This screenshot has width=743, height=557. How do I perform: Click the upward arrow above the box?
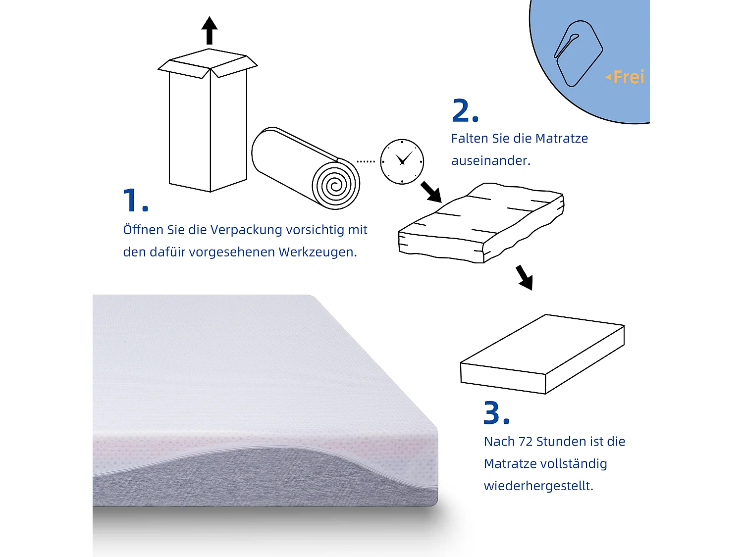tap(210, 31)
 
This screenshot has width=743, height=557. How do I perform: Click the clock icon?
tap(402, 161)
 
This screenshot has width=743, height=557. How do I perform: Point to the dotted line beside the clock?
tap(366, 161)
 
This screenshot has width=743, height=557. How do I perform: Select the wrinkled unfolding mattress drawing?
tap(480, 223)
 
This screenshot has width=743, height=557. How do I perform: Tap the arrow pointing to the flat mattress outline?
tap(524, 277)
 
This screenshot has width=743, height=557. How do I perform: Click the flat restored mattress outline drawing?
tap(542, 354)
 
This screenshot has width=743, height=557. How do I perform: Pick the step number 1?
tap(135, 201)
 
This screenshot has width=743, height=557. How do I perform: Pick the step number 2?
tap(465, 111)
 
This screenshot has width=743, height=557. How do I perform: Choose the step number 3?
tap(496, 413)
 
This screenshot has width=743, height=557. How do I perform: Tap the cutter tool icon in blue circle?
tap(578, 53)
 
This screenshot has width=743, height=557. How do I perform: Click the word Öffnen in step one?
tap(144, 230)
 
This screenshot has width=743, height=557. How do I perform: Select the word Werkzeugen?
tap(317, 252)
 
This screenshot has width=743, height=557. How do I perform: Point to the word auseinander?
tap(490, 160)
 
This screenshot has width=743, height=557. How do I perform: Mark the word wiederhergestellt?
tap(538, 486)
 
